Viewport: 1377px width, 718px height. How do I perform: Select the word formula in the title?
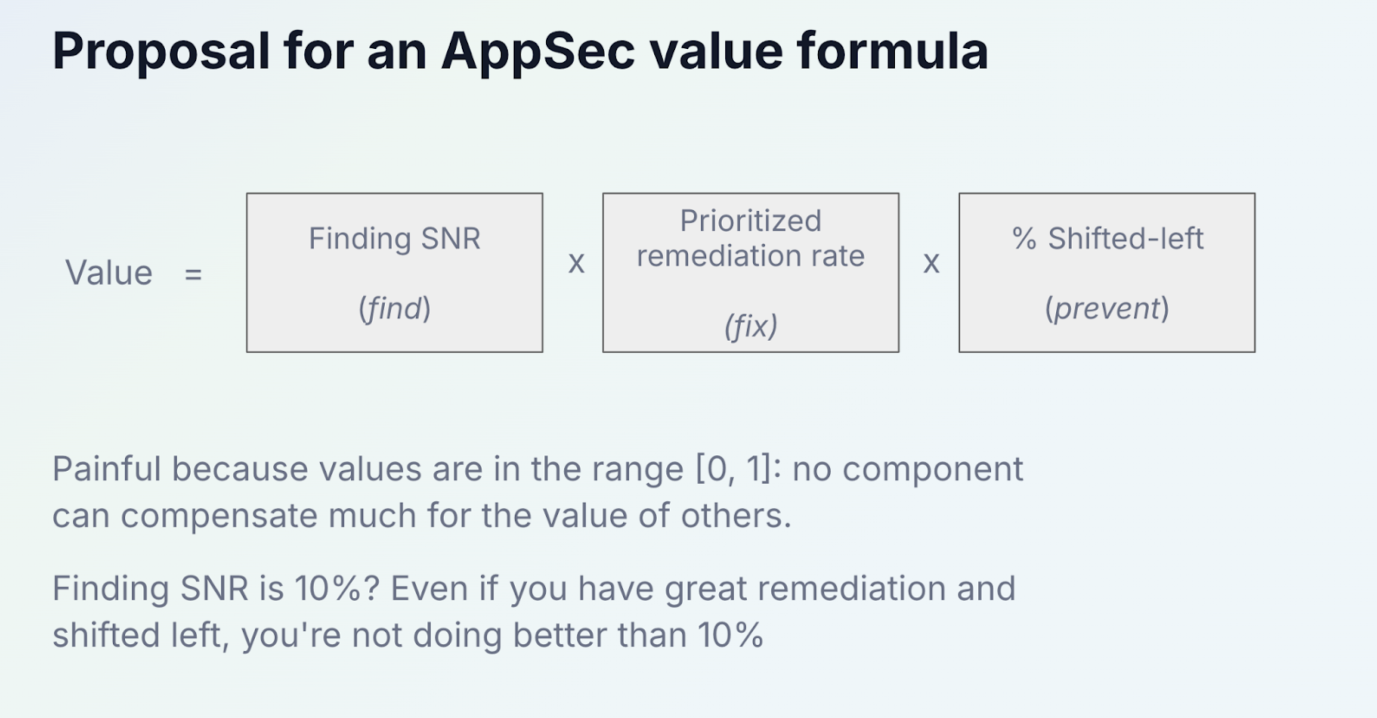[892, 50]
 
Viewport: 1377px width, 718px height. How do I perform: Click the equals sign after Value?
[193, 274]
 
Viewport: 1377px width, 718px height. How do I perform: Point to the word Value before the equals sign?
[109, 273]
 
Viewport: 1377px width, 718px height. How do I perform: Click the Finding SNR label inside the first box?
[395, 238]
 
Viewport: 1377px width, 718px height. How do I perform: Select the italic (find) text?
[395, 309]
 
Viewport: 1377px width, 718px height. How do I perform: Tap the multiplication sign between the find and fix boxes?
[576, 263]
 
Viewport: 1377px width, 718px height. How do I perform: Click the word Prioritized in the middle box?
[750, 221]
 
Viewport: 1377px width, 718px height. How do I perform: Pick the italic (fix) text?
[750, 325]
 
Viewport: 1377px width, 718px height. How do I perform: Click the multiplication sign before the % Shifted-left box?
[931, 263]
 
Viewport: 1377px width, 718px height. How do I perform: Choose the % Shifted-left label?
[1108, 238]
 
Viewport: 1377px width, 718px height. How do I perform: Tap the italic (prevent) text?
[1107, 309]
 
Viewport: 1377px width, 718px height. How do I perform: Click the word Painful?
[107, 469]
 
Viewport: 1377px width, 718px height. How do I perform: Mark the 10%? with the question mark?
[337, 589]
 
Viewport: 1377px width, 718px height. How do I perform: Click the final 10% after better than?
[731, 635]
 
